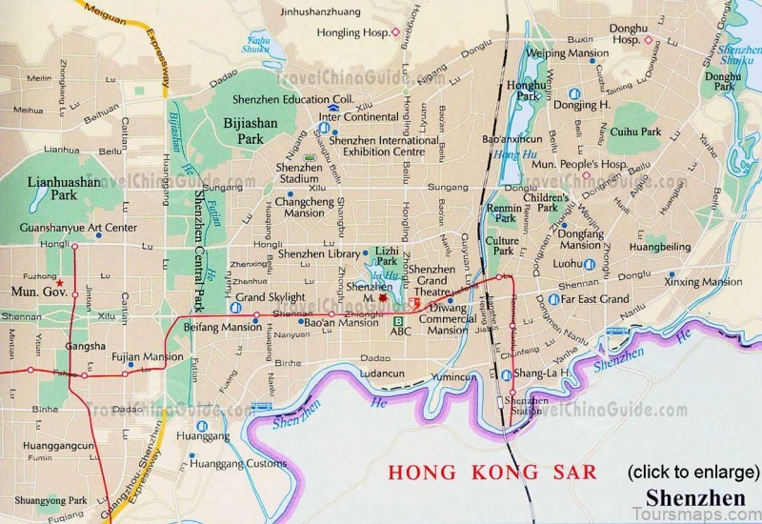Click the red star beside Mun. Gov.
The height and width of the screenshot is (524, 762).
(x=60, y=284)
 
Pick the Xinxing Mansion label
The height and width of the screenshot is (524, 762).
(x=703, y=282)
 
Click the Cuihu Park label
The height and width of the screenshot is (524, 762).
(x=635, y=132)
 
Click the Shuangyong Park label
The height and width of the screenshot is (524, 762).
(x=57, y=500)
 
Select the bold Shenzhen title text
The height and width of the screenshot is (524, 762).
(x=695, y=498)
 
